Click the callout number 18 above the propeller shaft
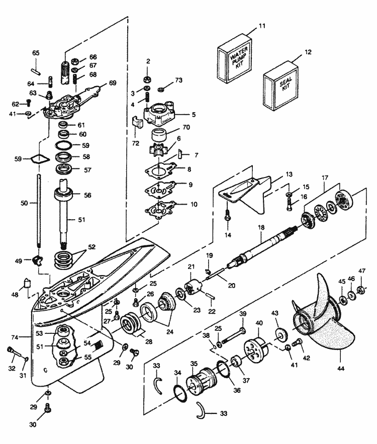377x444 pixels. coord(261,228)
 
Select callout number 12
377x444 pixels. coord(308,51)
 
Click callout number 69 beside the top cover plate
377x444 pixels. coord(112,82)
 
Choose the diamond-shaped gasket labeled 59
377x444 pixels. coord(38,159)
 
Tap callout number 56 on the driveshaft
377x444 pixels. coord(87,196)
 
